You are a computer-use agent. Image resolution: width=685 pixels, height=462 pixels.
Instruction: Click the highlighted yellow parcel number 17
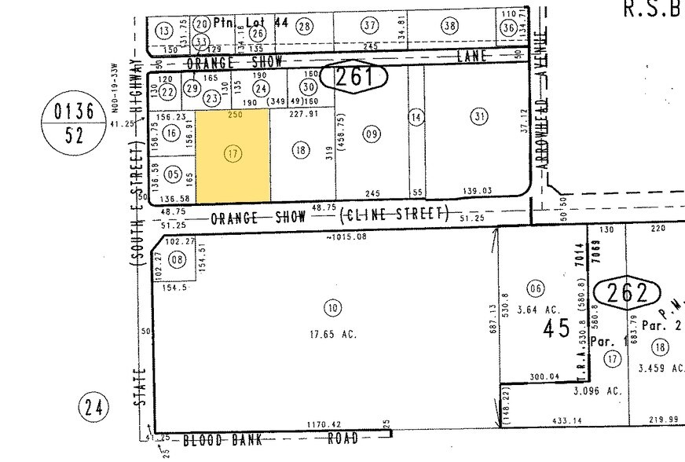233,154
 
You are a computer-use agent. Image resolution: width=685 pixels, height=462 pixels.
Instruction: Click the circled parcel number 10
333,308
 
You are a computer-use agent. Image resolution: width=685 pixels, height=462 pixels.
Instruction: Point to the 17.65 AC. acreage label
333,334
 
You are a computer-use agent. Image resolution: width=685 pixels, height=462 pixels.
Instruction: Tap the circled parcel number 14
416,117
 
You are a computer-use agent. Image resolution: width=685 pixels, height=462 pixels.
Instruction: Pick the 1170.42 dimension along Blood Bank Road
324,425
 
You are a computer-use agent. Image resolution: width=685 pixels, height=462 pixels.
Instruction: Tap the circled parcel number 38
449,26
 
